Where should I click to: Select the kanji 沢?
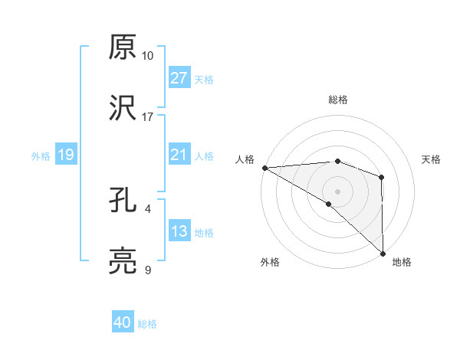(123, 108)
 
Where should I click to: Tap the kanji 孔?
(123, 201)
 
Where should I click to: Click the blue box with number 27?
(179, 78)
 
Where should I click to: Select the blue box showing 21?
(179, 155)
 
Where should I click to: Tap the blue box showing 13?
(179, 232)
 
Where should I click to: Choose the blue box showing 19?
(66, 155)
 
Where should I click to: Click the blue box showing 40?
(123, 323)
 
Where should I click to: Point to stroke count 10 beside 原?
(147, 56)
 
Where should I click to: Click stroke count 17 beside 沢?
(147, 117)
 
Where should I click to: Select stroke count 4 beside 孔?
(147, 208)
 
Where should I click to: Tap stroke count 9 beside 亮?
(147, 270)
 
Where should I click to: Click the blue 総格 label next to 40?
(147, 324)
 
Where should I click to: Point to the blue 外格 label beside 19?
(41, 156)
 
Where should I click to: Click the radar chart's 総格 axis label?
(337, 100)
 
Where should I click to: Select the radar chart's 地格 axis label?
(402, 262)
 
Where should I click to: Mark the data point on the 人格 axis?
(264, 167)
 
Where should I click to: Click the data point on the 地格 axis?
(382, 252)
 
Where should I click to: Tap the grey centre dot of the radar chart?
(337, 191)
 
